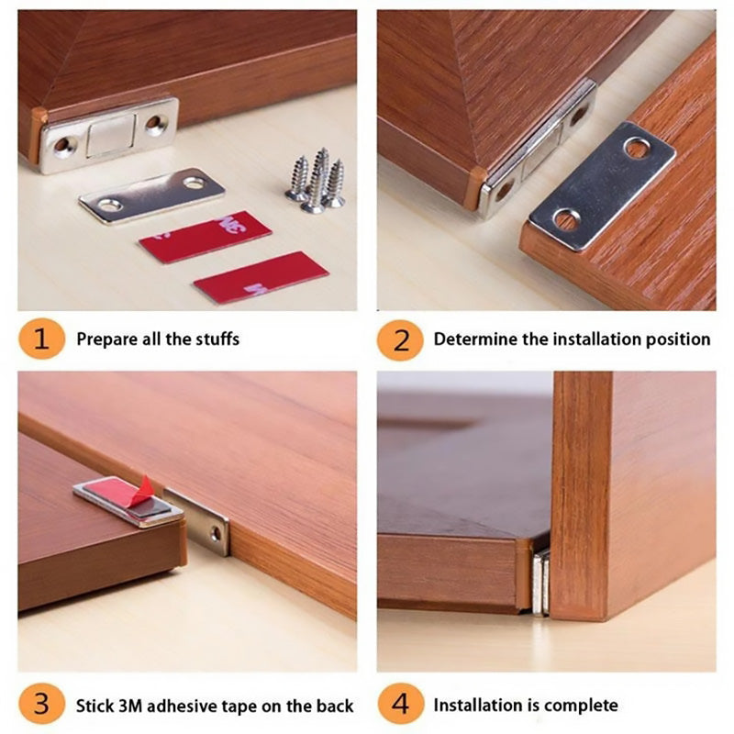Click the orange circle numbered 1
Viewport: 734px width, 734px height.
[40, 339]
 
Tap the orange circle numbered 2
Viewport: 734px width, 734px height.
[400, 339]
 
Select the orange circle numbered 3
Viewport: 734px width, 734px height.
[40, 706]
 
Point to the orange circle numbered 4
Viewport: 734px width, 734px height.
[400, 706]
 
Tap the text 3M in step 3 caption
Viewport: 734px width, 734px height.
[131, 706]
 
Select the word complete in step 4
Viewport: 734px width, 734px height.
[581, 706]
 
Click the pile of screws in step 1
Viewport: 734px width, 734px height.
[315, 180]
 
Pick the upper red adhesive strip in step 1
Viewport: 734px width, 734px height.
[205, 237]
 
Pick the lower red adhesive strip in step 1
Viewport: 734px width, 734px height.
[261, 277]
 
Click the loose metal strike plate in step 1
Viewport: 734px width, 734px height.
[151, 195]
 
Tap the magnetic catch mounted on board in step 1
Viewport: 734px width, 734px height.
[108, 135]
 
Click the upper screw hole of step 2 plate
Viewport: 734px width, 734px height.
[636, 147]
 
